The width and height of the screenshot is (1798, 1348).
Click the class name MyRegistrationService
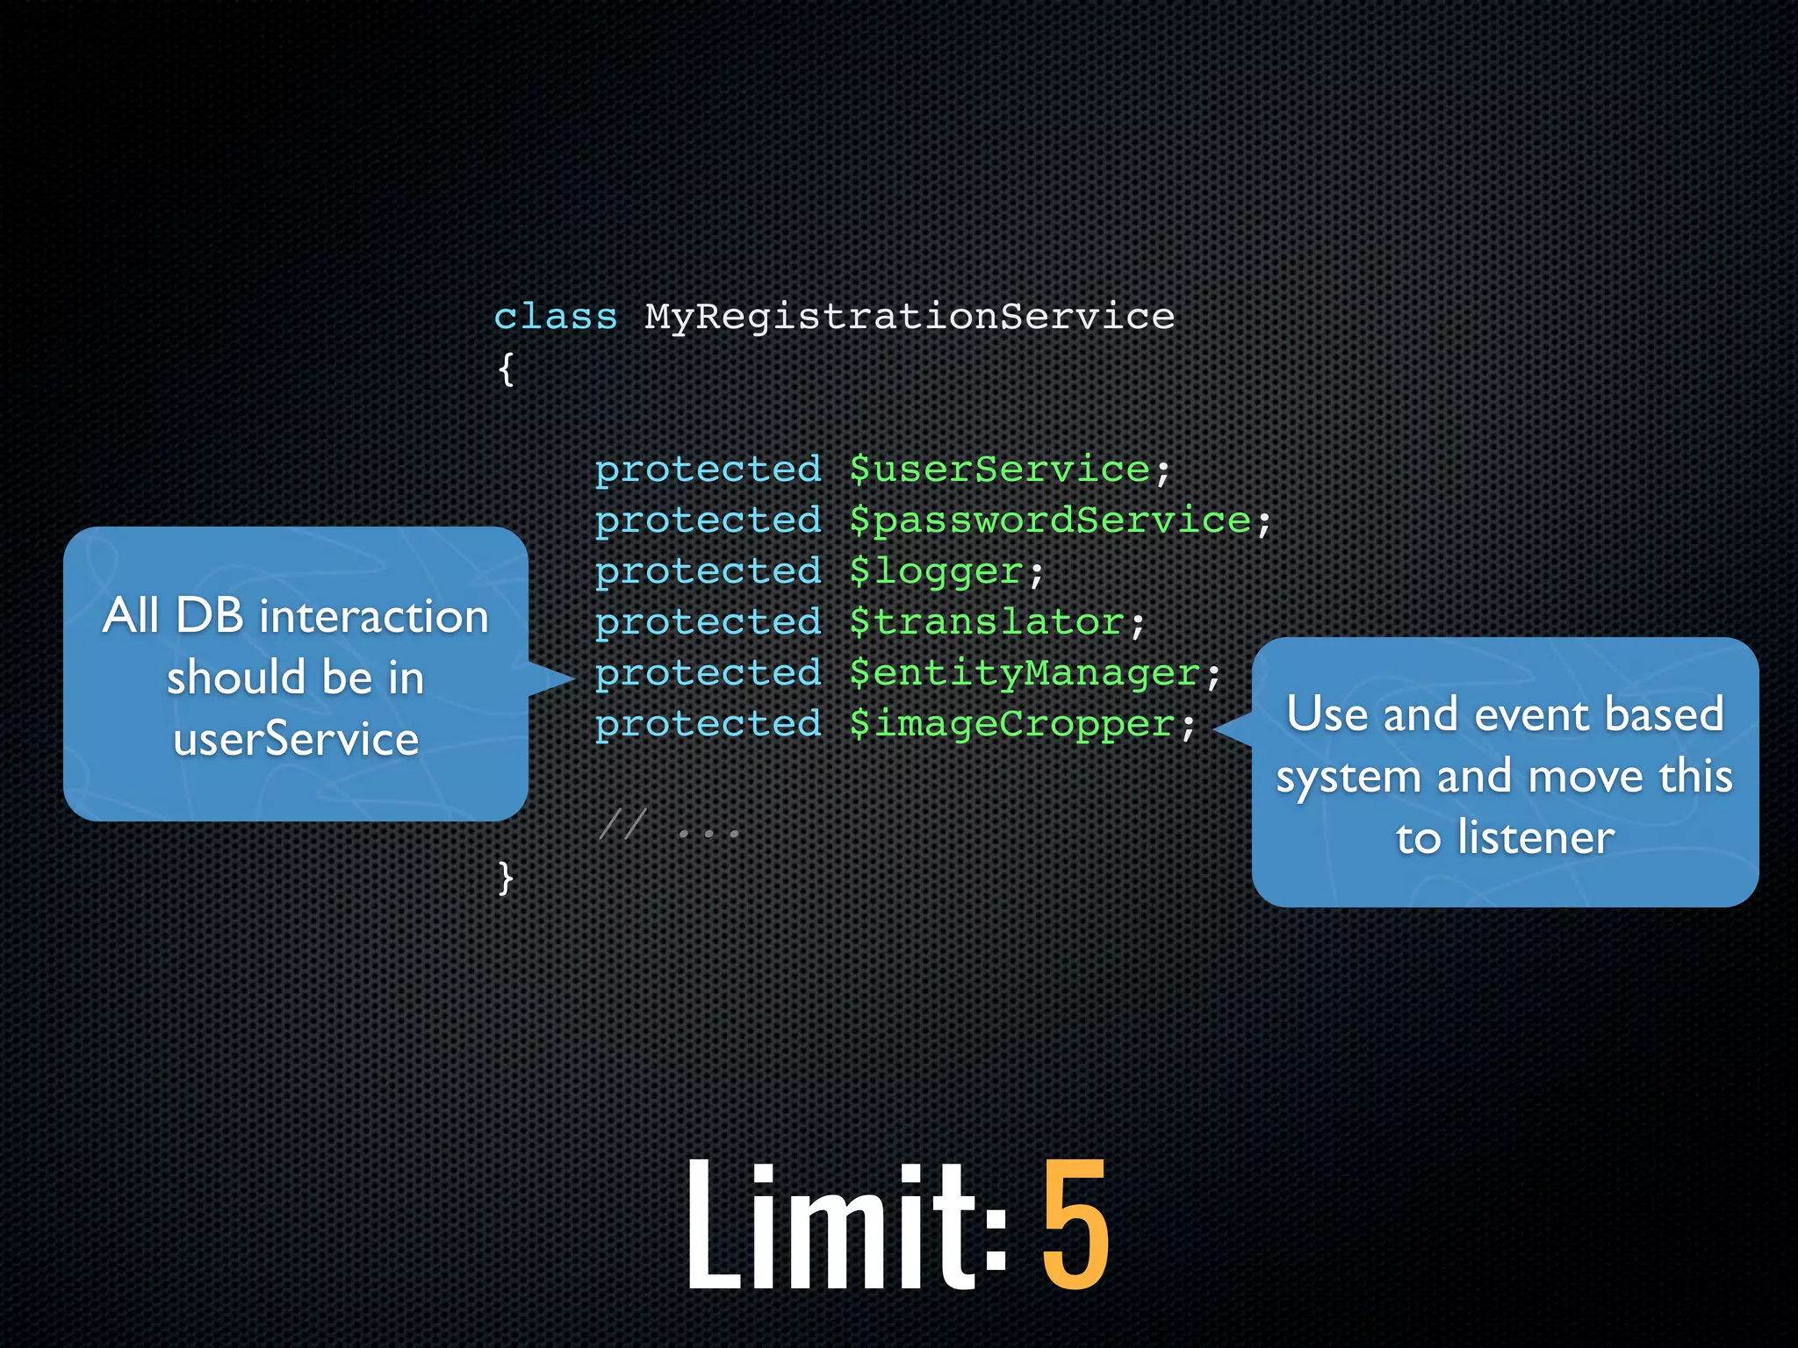910,317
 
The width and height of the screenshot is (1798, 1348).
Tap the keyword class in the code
556,317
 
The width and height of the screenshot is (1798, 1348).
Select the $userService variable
1000,470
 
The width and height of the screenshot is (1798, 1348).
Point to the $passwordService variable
1050,520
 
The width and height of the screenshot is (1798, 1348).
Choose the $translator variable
987,622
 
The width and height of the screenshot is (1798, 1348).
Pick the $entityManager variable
1025,674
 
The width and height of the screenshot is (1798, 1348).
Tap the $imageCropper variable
1012,725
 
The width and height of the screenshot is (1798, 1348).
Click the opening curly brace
506,369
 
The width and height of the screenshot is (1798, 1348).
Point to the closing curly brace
506,877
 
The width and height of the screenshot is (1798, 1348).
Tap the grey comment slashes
622,826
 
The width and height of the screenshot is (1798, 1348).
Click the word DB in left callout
210,615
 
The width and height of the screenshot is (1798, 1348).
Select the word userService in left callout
296,739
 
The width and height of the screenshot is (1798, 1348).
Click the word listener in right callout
1536,837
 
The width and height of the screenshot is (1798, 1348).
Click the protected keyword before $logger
708,572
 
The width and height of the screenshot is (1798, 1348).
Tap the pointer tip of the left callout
572,678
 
